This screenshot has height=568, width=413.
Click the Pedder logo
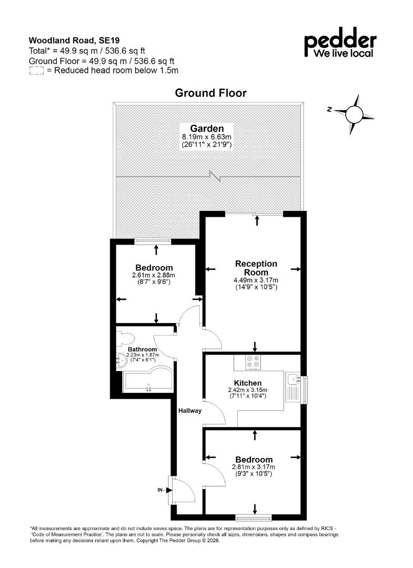pyautogui.click(x=340, y=43)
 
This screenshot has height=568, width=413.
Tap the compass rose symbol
pyautogui.click(x=354, y=114)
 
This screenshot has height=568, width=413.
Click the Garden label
pyautogui.click(x=207, y=129)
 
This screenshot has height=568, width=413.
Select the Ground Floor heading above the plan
pyautogui.click(x=210, y=93)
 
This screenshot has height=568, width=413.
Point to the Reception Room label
pyautogui.click(x=256, y=268)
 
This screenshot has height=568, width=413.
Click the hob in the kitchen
pyautogui.click(x=253, y=362)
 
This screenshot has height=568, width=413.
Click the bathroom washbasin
pyautogui.click(x=122, y=361)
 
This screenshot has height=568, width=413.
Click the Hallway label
pyautogui.click(x=190, y=411)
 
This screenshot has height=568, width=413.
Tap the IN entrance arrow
pyautogui.click(x=165, y=490)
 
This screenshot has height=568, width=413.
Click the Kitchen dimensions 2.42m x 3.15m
pyautogui.click(x=248, y=390)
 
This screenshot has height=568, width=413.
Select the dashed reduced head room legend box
pyautogui.click(x=36, y=70)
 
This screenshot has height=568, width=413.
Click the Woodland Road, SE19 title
pyautogui.click(x=74, y=40)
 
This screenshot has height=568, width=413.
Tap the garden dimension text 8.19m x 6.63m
pyautogui.click(x=206, y=137)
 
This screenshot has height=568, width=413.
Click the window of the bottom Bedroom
pyautogui.click(x=253, y=518)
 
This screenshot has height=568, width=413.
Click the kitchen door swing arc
pyautogui.click(x=215, y=413)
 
